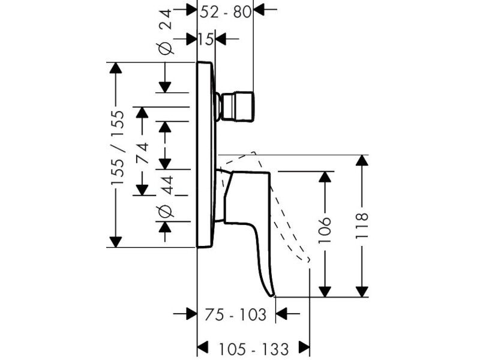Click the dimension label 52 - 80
click(226, 12)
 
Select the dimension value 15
click(205, 39)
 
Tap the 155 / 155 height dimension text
click(118, 147)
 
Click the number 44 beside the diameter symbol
click(167, 185)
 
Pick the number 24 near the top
click(166, 19)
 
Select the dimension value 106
click(325, 230)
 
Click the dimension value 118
click(362, 226)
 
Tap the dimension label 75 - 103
click(235, 314)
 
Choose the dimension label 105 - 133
click(253, 349)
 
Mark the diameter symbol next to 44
click(166, 211)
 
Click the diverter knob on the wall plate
click(235, 106)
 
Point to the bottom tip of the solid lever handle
click(272, 296)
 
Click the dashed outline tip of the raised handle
click(308, 260)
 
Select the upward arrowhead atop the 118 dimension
click(362, 160)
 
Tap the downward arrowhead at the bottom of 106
click(325, 292)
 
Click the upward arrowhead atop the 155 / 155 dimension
click(116, 68)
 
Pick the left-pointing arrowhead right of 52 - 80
click(259, 10)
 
